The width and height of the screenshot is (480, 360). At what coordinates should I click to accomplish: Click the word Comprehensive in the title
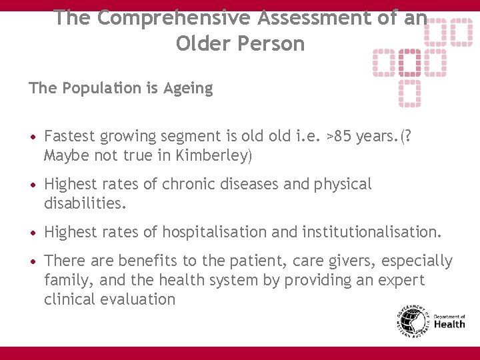coord(158,18)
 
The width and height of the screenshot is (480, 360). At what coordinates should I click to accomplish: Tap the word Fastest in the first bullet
coord(69,137)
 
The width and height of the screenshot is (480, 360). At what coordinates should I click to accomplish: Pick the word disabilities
coord(85,203)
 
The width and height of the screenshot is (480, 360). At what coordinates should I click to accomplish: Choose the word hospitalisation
coord(213,232)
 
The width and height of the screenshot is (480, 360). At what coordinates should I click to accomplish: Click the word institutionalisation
coord(371,232)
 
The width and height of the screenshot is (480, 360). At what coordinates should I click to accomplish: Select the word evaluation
coord(137,299)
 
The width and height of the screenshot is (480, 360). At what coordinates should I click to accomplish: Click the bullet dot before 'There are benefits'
coord(33,261)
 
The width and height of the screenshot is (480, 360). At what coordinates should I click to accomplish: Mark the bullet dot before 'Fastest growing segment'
coord(33,137)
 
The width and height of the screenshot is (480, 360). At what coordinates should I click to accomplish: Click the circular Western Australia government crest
coord(411,322)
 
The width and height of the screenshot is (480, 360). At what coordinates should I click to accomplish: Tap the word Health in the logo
coord(450,325)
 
